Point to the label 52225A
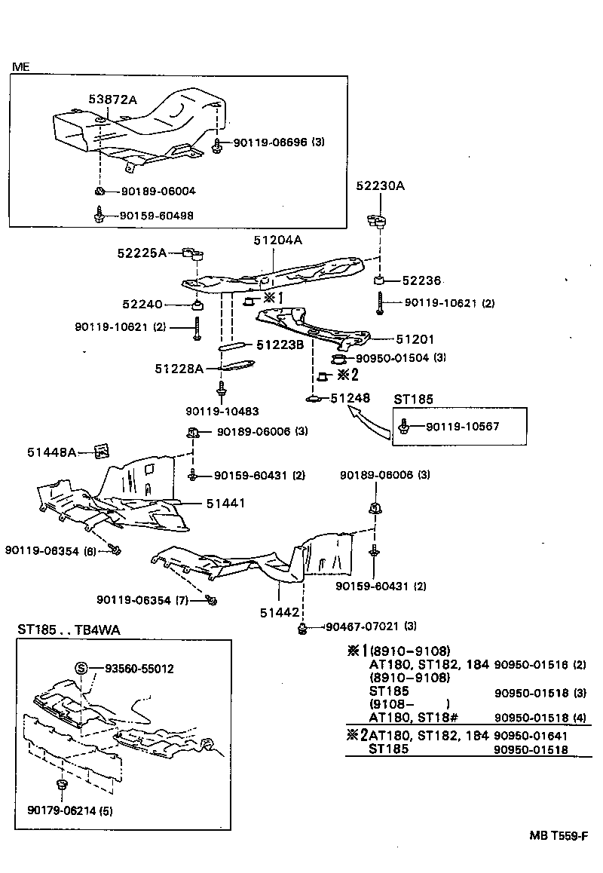point(141,253)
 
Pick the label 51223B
point(280,345)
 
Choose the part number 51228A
point(179,369)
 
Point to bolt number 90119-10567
point(463,427)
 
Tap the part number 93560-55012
point(139,669)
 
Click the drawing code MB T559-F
point(558,835)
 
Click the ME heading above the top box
point(20,67)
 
